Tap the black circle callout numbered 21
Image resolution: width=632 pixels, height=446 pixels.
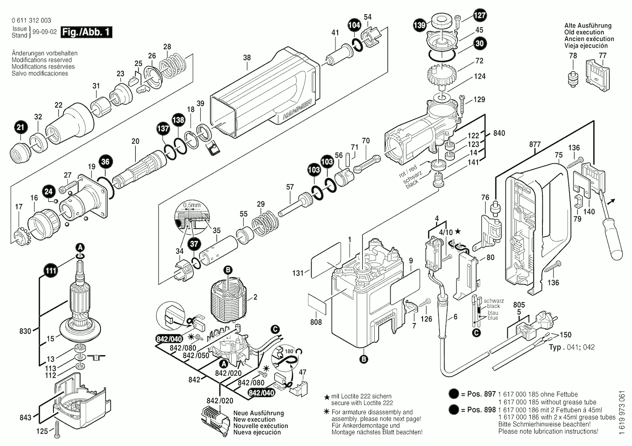(21, 128)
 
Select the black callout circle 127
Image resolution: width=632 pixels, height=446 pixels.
(479, 15)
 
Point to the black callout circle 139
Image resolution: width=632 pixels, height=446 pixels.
(420, 25)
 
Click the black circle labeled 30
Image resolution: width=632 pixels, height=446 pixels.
(479, 43)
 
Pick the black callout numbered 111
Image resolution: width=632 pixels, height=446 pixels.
(51, 271)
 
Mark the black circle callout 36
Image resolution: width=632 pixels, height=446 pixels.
(106, 161)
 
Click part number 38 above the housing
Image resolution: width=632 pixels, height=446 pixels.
(247, 58)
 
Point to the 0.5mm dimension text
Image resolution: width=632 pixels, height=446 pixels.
(192, 205)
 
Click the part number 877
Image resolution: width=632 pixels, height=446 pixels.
(535, 144)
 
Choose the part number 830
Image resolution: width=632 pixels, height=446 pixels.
(25, 331)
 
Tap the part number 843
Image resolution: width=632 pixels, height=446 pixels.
(26, 417)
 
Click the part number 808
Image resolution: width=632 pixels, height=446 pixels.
(316, 322)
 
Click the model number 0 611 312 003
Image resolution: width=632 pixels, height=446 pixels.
(32, 21)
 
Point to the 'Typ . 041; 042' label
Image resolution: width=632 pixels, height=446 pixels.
(572, 347)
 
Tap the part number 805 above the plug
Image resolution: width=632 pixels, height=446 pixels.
(519, 305)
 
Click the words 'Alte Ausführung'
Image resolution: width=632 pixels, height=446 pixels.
(588, 26)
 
